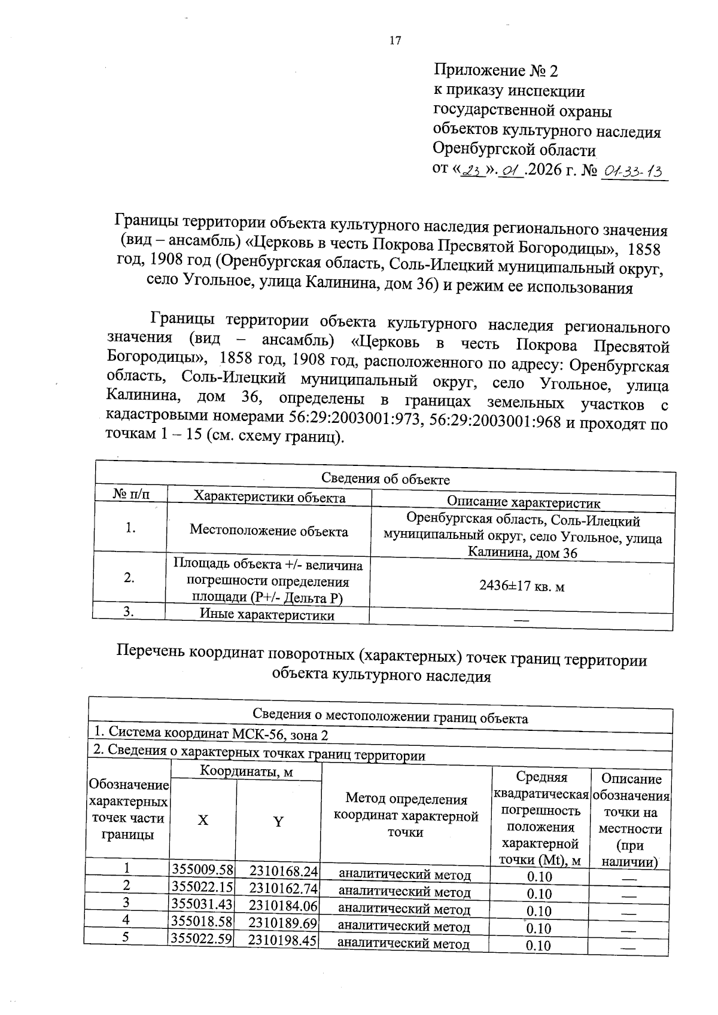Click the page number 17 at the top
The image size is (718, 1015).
pyautogui.click(x=395, y=41)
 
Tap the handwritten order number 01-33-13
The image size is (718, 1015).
pyautogui.click(x=634, y=172)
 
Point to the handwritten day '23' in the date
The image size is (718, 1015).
pyautogui.click(x=472, y=171)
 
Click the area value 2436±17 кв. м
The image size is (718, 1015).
pyautogui.click(x=522, y=587)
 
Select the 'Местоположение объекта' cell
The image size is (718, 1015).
pyautogui.click(x=269, y=531)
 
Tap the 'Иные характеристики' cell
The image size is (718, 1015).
pyautogui.click(x=267, y=615)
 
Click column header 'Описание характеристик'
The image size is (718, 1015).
pyautogui.click(x=524, y=503)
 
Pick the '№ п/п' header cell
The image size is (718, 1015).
pyautogui.click(x=131, y=495)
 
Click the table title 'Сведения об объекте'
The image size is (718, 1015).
pyautogui.click(x=385, y=479)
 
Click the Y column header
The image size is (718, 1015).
pyautogui.click(x=278, y=822)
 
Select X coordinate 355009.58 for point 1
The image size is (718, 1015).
pyautogui.click(x=202, y=869)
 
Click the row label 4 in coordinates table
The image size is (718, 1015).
pyautogui.click(x=126, y=920)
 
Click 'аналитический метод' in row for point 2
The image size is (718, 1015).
pyautogui.click(x=404, y=892)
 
